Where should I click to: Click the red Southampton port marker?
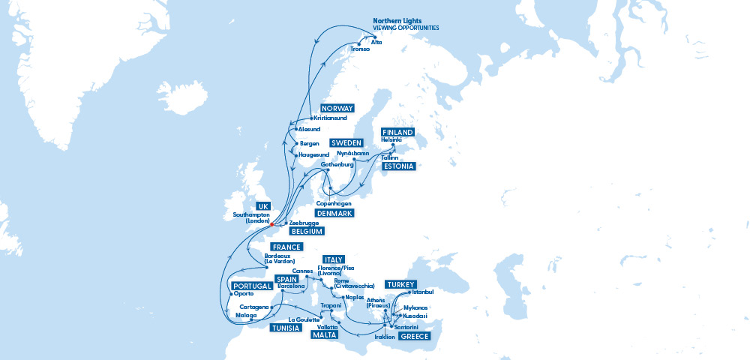point(271,224)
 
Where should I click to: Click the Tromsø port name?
point(360,49)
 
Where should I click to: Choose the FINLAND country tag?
point(397,132)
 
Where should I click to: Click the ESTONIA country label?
point(397,166)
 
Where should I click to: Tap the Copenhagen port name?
point(333,204)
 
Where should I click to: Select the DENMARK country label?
point(334,214)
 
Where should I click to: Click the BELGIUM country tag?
point(310,232)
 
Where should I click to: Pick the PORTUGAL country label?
point(252,286)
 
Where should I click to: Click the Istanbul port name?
point(423,292)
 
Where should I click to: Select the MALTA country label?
point(326,336)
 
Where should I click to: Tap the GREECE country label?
point(414,337)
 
